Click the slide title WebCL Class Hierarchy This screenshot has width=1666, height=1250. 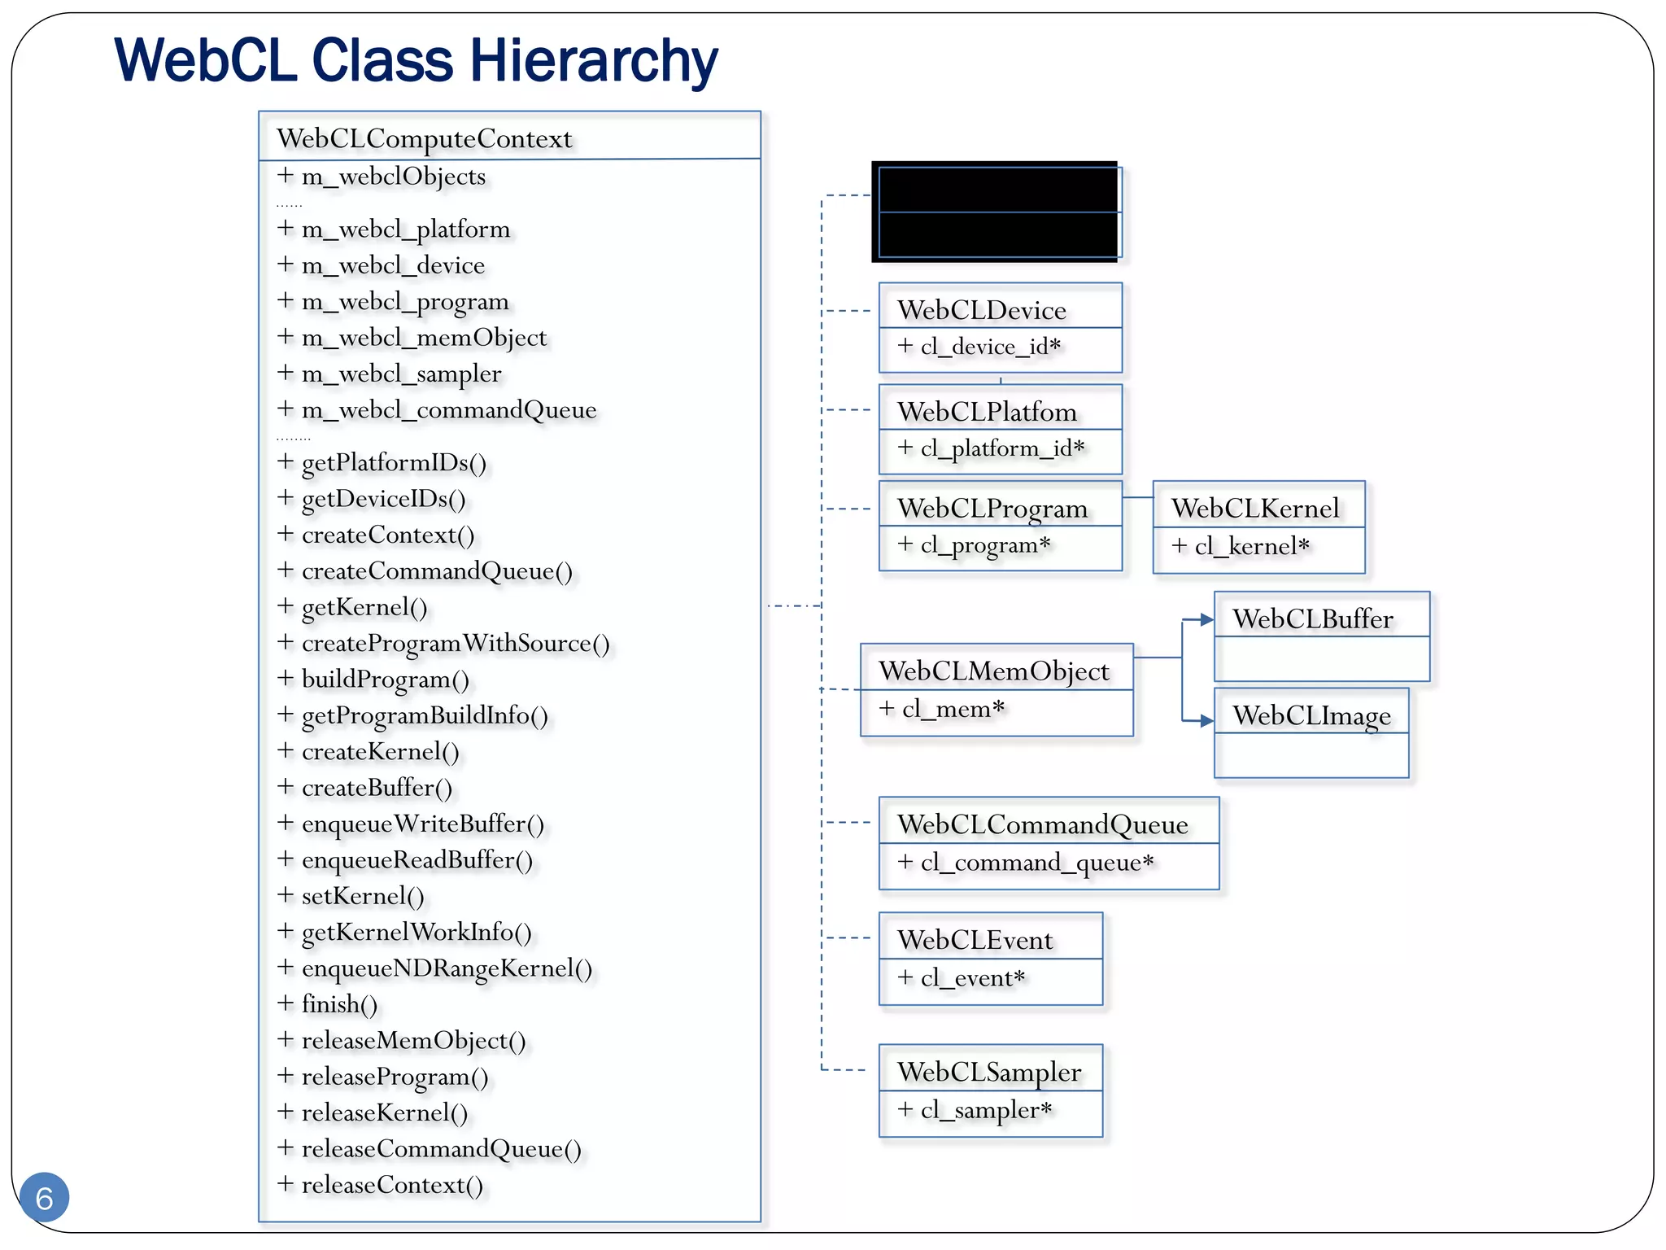click(x=416, y=61)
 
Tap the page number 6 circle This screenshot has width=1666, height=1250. click(x=44, y=1197)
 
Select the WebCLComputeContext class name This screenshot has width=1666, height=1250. click(x=424, y=138)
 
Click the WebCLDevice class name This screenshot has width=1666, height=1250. click(x=981, y=310)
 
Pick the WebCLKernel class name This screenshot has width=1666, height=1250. click(x=1255, y=509)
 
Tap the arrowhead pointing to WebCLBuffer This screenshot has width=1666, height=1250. click(x=1206, y=620)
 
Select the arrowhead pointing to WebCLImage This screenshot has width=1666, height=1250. click(x=1206, y=720)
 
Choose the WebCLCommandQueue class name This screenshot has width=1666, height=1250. click(x=1042, y=824)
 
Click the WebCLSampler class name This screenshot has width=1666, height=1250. click(x=989, y=1072)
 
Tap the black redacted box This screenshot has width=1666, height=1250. click(x=994, y=212)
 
